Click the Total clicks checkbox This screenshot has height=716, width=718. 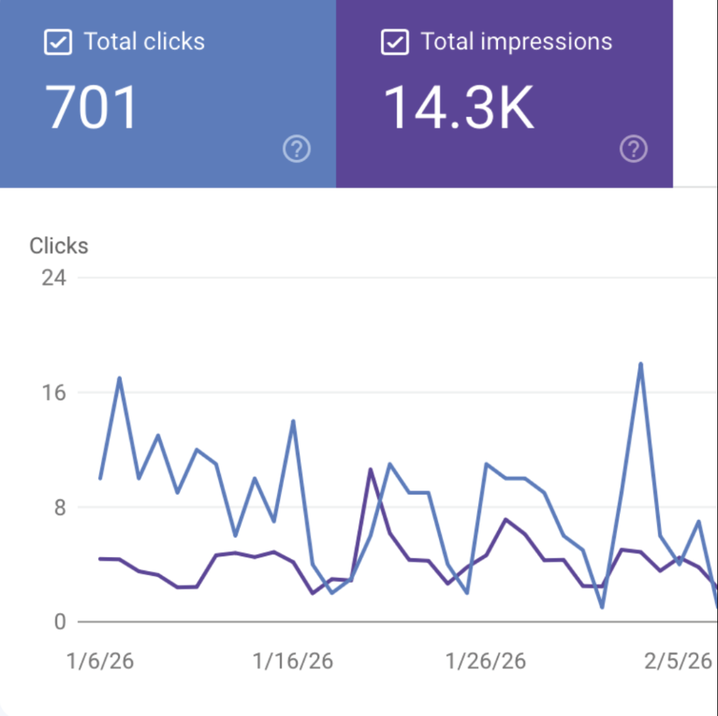pyautogui.click(x=57, y=42)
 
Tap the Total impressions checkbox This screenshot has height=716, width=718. pyautogui.click(x=395, y=42)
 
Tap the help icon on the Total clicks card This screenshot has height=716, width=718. pyautogui.click(x=297, y=149)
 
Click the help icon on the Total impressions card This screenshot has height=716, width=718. pyautogui.click(x=634, y=149)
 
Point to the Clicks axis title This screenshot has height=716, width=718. pyautogui.click(x=59, y=246)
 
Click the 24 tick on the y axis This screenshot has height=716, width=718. pyautogui.click(x=54, y=277)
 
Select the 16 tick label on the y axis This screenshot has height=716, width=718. pyautogui.click(x=54, y=392)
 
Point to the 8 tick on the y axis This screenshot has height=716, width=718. pyautogui.click(x=59, y=507)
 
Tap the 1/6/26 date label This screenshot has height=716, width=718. pyautogui.click(x=100, y=661)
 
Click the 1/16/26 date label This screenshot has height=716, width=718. pyautogui.click(x=293, y=661)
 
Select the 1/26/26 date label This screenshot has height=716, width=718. pyautogui.click(x=486, y=661)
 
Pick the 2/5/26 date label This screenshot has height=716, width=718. pyautogui.click(x=677, y=661)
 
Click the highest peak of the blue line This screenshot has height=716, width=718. pyautogui.click(x=640, y=364)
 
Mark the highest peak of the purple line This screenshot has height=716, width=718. pyautogui.click(x=370, y=469)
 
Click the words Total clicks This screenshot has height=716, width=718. pyautogui.click(x=144, y=42)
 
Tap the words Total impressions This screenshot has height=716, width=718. pyautogui.click(x=517, y=42)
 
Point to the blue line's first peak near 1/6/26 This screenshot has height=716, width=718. pyautogui.click(x=119, y=378)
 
